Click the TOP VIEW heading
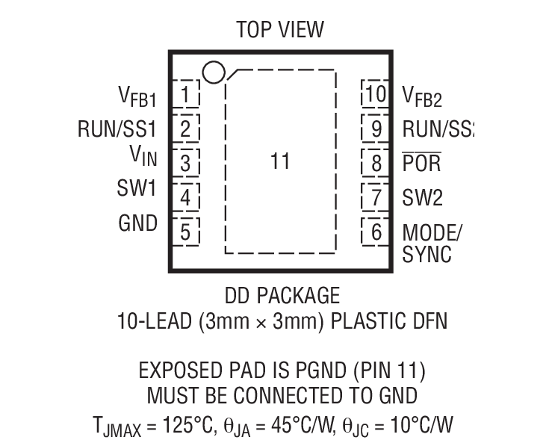click(x=280, y=29)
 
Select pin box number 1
click(x=186, y=95)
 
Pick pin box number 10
click(x=376, y=95)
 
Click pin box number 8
click(x=376, y=162)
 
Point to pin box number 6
click(x=376, y=232)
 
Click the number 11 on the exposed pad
click(x=280, y=162)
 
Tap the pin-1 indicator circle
click(x=213, y=72)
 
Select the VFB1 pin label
click(x=137, y=96)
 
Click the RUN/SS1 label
click(x=117, y=128)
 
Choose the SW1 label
click(x=137, y=189)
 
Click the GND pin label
click(x=137, y=223)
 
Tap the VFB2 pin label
click(x=423, y=96)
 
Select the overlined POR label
click(x=422, y=163)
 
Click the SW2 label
click(x=423, y=197)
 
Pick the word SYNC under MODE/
click(x=427, y=255)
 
